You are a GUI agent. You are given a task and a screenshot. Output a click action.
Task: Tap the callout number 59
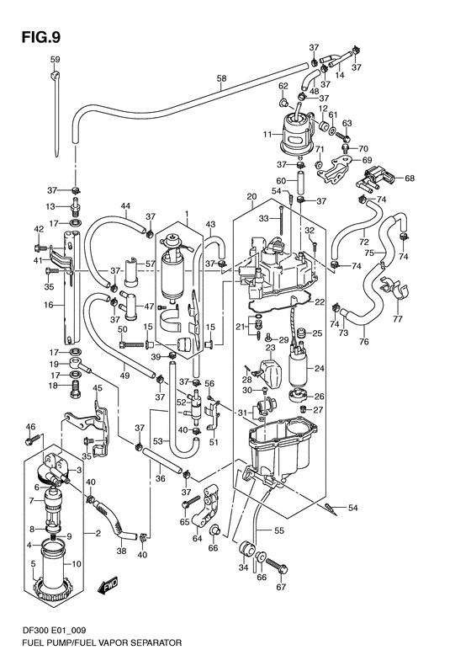[55, 59]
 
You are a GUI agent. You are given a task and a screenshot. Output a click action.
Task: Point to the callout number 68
[410, 178]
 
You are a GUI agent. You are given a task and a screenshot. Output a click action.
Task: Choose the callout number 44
[124, 207]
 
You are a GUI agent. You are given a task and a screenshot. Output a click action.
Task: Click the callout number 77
[398, 320]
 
